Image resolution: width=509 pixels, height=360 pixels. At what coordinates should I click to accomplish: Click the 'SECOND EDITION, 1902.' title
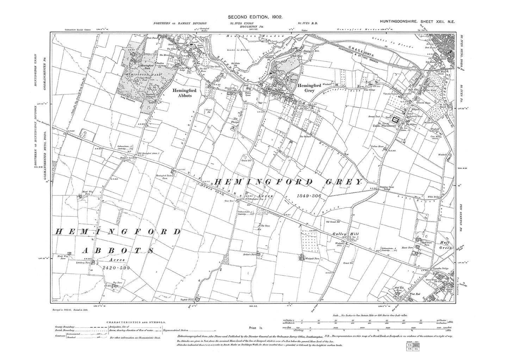tap(255, 17)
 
